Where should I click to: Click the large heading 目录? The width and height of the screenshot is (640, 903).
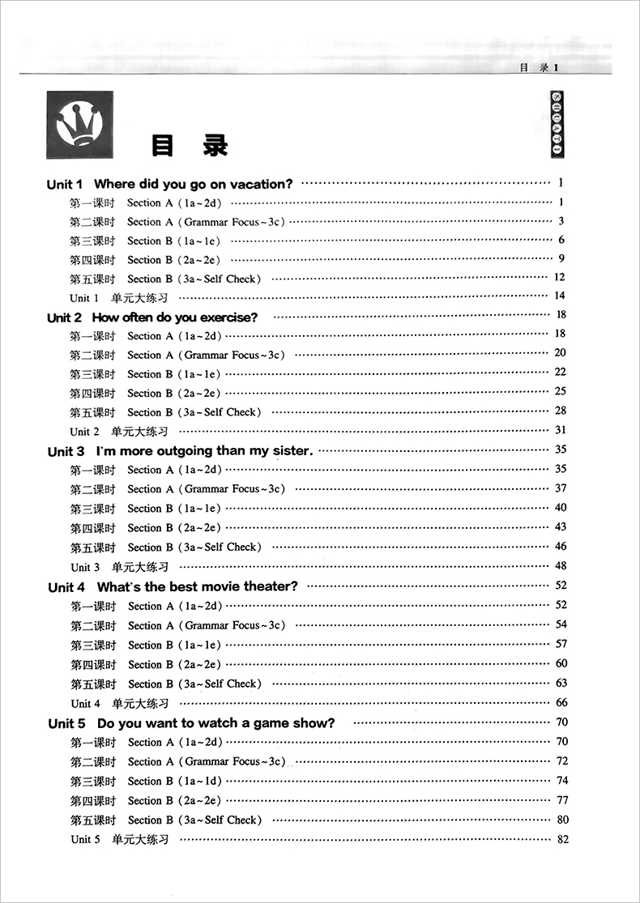189,145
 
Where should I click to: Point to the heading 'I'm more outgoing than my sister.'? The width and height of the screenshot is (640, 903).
181,451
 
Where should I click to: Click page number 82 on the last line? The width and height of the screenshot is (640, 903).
564,839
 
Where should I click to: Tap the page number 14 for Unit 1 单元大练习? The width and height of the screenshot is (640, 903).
560,296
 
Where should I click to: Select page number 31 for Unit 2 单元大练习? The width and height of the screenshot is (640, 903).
561,430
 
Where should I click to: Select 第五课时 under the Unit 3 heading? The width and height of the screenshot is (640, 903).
93,547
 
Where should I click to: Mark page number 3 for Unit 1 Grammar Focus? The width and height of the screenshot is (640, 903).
561,221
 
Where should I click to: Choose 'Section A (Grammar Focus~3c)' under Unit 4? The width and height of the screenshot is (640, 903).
206,626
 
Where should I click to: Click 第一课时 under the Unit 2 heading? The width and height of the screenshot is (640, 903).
92,336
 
